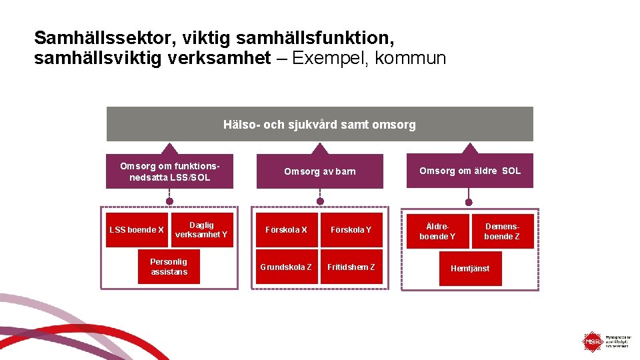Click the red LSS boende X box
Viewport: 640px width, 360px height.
(x=137, y=230)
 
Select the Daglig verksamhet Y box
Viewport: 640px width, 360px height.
(x=201, y=230)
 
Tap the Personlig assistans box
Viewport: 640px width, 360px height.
(x=169, y=267)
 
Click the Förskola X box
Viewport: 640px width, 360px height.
(x=286, y=230)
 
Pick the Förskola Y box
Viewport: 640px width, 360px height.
(x=351, y=230)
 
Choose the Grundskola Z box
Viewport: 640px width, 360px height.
(x=286, y=267)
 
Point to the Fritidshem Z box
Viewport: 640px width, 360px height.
(x=351, y=267)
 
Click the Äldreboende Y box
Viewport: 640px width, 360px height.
(x=437, y=231)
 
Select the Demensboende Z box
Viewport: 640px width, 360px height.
(x=502, y=231)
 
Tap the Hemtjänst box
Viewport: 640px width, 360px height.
(x=470, y=268)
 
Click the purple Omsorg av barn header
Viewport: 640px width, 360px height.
(x=320, y=171)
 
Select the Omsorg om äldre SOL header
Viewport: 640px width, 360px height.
(x=470, y=171)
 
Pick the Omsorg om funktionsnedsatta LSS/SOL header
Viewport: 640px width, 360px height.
(x=170, y=171)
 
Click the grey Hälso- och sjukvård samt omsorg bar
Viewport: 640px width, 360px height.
(x=320, y=125)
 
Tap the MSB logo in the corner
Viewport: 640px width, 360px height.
(x=592, y=342)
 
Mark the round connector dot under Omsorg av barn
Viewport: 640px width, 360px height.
(x=320, y=201)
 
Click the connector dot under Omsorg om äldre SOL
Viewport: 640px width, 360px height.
(x=469, y=201)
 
